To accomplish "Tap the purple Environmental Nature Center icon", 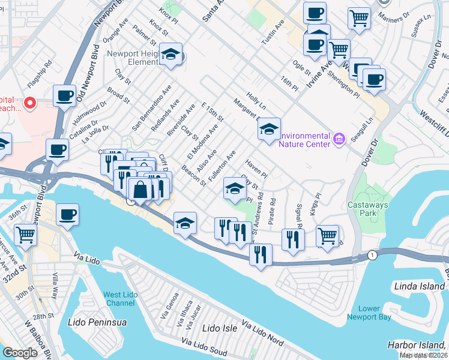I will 339,139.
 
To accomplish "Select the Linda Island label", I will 418,286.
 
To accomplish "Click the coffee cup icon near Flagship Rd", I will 64,95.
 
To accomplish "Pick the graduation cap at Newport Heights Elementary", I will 171,55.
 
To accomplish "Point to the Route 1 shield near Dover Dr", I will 373,255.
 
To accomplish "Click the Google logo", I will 20,352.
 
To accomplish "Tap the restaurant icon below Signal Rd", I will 293,239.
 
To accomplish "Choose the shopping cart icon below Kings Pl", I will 327,235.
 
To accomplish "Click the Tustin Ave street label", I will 272,31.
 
